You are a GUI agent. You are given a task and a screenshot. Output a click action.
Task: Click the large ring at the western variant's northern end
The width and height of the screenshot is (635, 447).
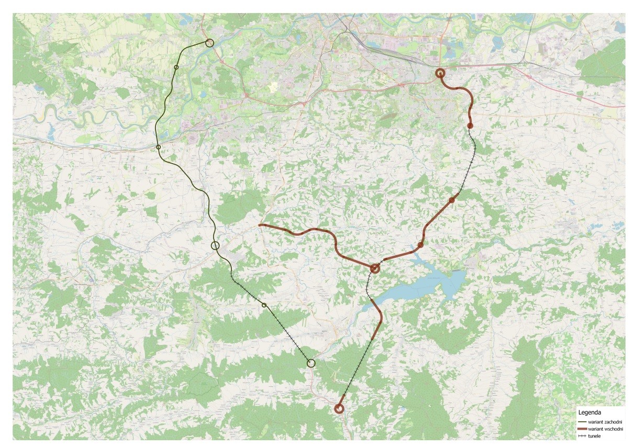coord(209,43)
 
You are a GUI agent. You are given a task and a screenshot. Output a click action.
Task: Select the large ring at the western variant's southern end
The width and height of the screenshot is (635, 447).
coord(311,363)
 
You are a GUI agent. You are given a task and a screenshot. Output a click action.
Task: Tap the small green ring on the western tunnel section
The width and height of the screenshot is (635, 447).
coord(264,305)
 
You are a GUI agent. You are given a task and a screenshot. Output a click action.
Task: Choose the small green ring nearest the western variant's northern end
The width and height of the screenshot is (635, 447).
coord(176,67)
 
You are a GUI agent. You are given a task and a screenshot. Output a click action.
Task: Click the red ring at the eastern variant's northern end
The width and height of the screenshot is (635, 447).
coord(440,74)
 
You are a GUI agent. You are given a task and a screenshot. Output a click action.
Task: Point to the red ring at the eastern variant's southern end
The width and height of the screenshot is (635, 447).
coord(339,409)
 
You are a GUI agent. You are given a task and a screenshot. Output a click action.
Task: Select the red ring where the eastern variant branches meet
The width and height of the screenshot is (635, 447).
coord(375,269)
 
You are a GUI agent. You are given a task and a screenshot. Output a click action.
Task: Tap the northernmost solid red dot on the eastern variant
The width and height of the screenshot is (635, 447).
coord(470,125)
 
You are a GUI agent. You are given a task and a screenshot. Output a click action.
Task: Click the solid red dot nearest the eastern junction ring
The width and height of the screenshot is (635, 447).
coord(420,245)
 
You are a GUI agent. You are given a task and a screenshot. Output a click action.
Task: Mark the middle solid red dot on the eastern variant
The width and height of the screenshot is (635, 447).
coord(452,200)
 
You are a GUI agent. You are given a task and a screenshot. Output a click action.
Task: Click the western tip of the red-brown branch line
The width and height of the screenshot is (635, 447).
coord(260,225)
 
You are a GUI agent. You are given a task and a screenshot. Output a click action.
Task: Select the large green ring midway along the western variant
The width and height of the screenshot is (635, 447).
coord(215,246)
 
